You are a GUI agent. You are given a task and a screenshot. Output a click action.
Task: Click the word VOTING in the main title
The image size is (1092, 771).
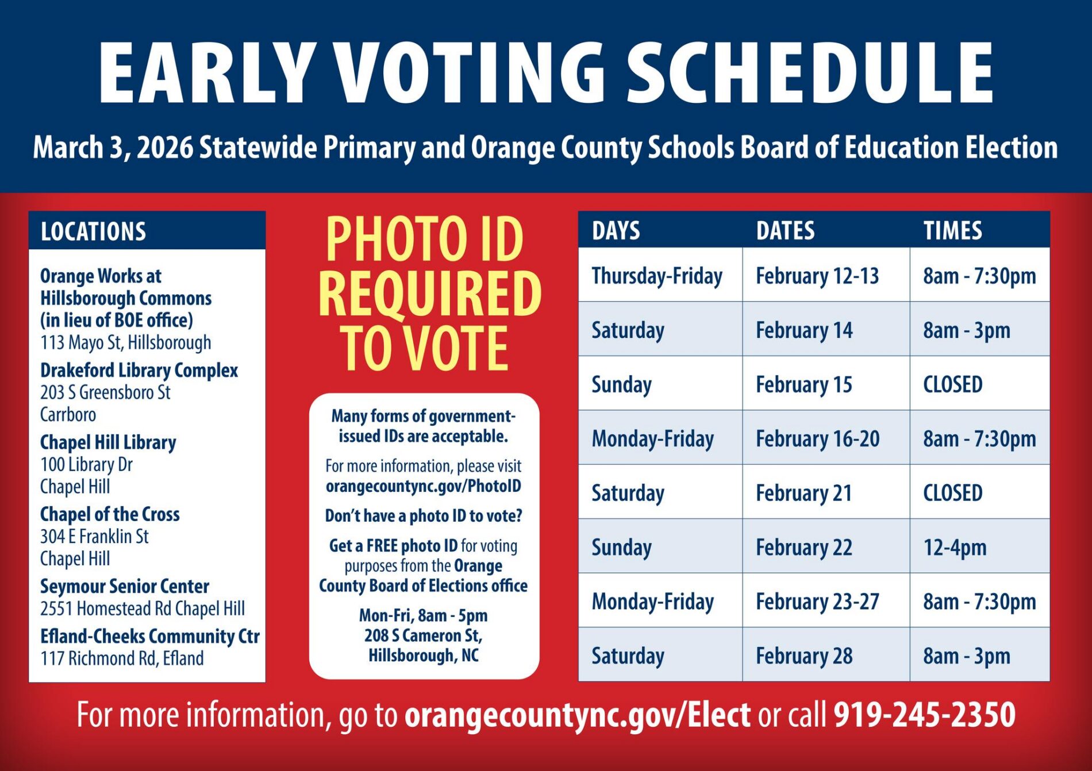point(470,74)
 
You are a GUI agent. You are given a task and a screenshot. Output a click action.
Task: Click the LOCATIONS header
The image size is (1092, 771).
point(93,232)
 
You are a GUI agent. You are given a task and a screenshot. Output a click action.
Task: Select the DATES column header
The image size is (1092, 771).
point(785,230)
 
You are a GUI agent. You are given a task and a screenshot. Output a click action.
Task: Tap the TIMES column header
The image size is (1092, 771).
point(952,230)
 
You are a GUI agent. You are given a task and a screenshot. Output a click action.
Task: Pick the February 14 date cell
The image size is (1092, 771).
point(804,330)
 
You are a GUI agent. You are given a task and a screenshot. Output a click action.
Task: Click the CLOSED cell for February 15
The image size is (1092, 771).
point(952,384)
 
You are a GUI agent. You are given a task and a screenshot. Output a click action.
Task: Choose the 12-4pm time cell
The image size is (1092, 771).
point(955,548)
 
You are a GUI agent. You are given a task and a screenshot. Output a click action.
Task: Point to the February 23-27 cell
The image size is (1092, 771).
point(817,602)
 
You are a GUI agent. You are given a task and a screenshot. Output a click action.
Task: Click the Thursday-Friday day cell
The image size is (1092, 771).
point(657,276)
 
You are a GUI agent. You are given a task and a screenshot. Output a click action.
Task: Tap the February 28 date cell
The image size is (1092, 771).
point(804,656)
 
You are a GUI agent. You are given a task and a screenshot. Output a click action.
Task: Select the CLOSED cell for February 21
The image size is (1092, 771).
point(952,493)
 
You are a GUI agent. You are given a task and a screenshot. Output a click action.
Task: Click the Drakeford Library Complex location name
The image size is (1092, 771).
point(139,371)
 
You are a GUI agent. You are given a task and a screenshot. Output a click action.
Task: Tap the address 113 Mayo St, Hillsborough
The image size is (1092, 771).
point(126,343)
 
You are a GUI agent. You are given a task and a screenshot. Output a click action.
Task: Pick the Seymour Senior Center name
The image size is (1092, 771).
point(125,586)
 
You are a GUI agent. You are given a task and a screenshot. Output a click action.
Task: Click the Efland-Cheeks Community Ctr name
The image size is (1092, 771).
point(149,636)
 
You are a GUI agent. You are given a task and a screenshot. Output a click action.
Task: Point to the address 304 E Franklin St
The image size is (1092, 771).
point(94,537)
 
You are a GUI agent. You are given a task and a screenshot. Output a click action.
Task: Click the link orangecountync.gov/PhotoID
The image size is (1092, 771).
point(424,486)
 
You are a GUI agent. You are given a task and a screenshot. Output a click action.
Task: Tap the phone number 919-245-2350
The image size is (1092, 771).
point(924,715)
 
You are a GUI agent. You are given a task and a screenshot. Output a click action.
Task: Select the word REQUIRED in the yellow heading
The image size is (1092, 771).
point(430,294)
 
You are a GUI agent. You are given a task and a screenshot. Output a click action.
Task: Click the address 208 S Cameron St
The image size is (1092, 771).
point(424,635)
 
